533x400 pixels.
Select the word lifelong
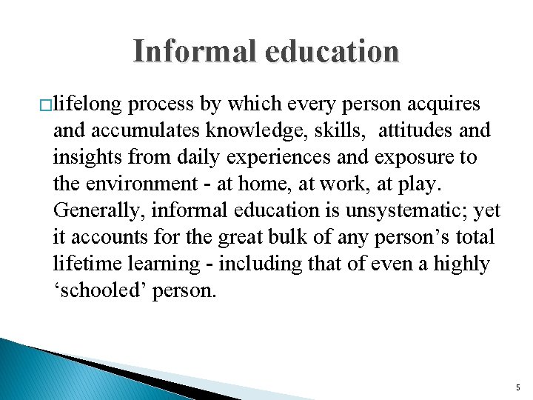coord(88,104)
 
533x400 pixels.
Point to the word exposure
coord(408,157)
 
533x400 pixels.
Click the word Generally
coord(98,210)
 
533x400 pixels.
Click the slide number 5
coord(517,387)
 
